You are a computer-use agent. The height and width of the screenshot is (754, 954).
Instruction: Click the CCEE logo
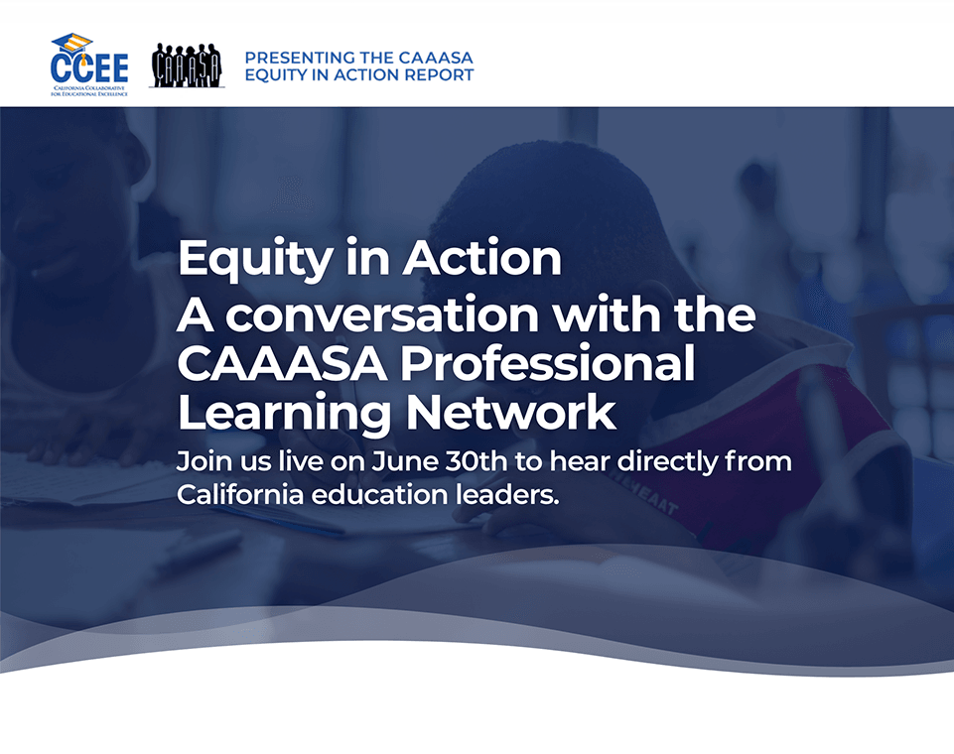click(x=89, y=64)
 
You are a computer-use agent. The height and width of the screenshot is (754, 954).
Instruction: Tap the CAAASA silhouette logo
click(x=187, y=65)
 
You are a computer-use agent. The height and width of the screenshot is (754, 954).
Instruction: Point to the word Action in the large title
click(x=481, y=257)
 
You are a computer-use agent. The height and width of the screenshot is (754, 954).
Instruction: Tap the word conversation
click(x=382, y=314)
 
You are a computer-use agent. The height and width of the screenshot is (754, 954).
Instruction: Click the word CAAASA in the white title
click(x=282, y=364)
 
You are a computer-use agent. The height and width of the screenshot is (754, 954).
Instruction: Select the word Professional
click(x=547, y=363)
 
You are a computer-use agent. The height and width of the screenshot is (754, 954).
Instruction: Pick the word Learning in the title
click(x=284, y=415)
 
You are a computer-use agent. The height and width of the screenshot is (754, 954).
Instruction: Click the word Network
click(x=511, y=412)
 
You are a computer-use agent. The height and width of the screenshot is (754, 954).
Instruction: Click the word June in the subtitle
click(x=405, y=461)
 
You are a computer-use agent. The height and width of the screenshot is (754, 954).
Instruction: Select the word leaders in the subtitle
click(x=507, y=494)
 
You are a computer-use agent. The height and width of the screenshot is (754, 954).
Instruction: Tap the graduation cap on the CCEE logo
click(x=71, y=44)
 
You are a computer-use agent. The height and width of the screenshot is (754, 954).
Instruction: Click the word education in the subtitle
click(x=379, y=494)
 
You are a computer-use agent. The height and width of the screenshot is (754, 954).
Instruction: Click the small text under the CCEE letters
click(x=89, y=91)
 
